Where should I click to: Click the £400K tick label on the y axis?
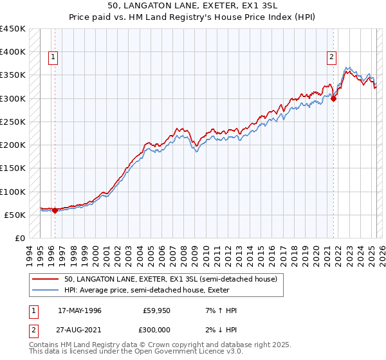[13, 51]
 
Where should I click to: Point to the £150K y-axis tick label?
[13, 168]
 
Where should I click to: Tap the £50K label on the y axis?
[15, 215]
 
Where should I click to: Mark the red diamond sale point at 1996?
[55, 210]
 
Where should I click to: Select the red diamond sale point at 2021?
[334, 98]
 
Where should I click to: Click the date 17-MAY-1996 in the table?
[80, 310]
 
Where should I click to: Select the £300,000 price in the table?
[156, 328]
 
